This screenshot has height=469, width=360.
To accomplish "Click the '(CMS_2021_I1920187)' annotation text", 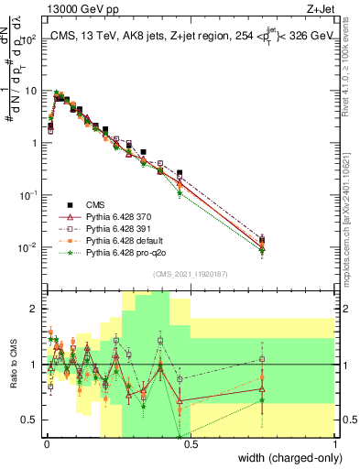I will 190,274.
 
